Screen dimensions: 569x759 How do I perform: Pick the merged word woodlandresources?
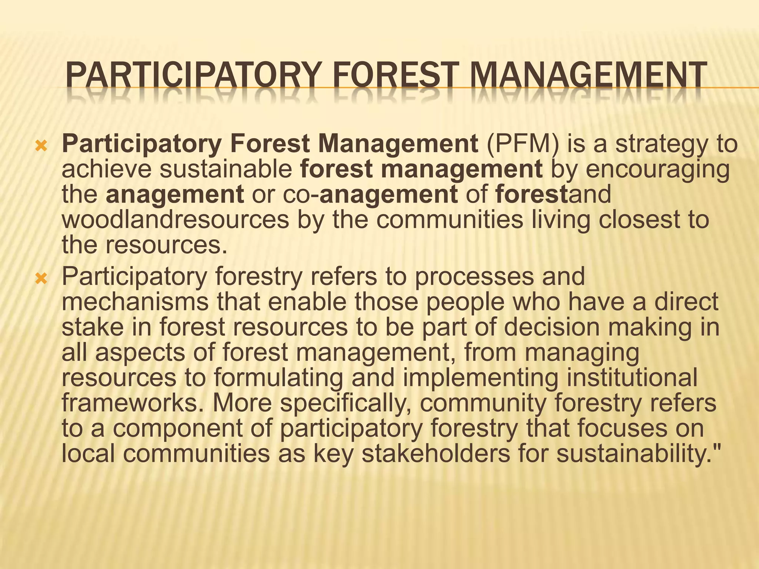click(175, 220)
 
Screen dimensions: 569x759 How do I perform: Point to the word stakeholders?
click(435, 453)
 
